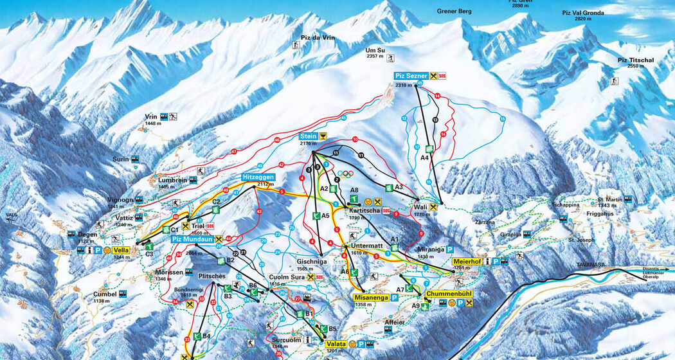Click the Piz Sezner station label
411,76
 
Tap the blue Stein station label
309,136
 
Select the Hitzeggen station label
258,177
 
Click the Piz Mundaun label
192,239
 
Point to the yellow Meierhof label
467,262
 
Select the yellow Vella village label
120,250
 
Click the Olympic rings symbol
346,174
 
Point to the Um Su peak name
375,50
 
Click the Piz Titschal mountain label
635,60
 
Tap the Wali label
421,207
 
